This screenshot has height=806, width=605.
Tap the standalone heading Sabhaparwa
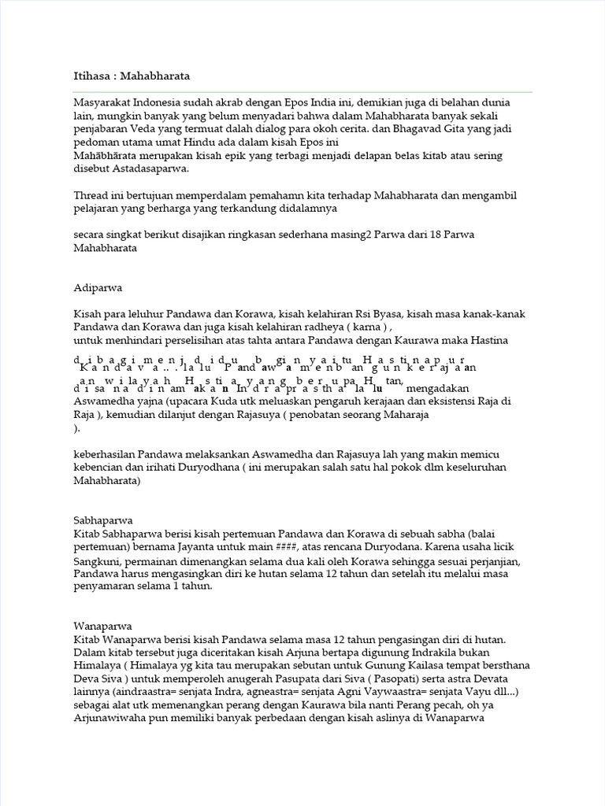point(102,520)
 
